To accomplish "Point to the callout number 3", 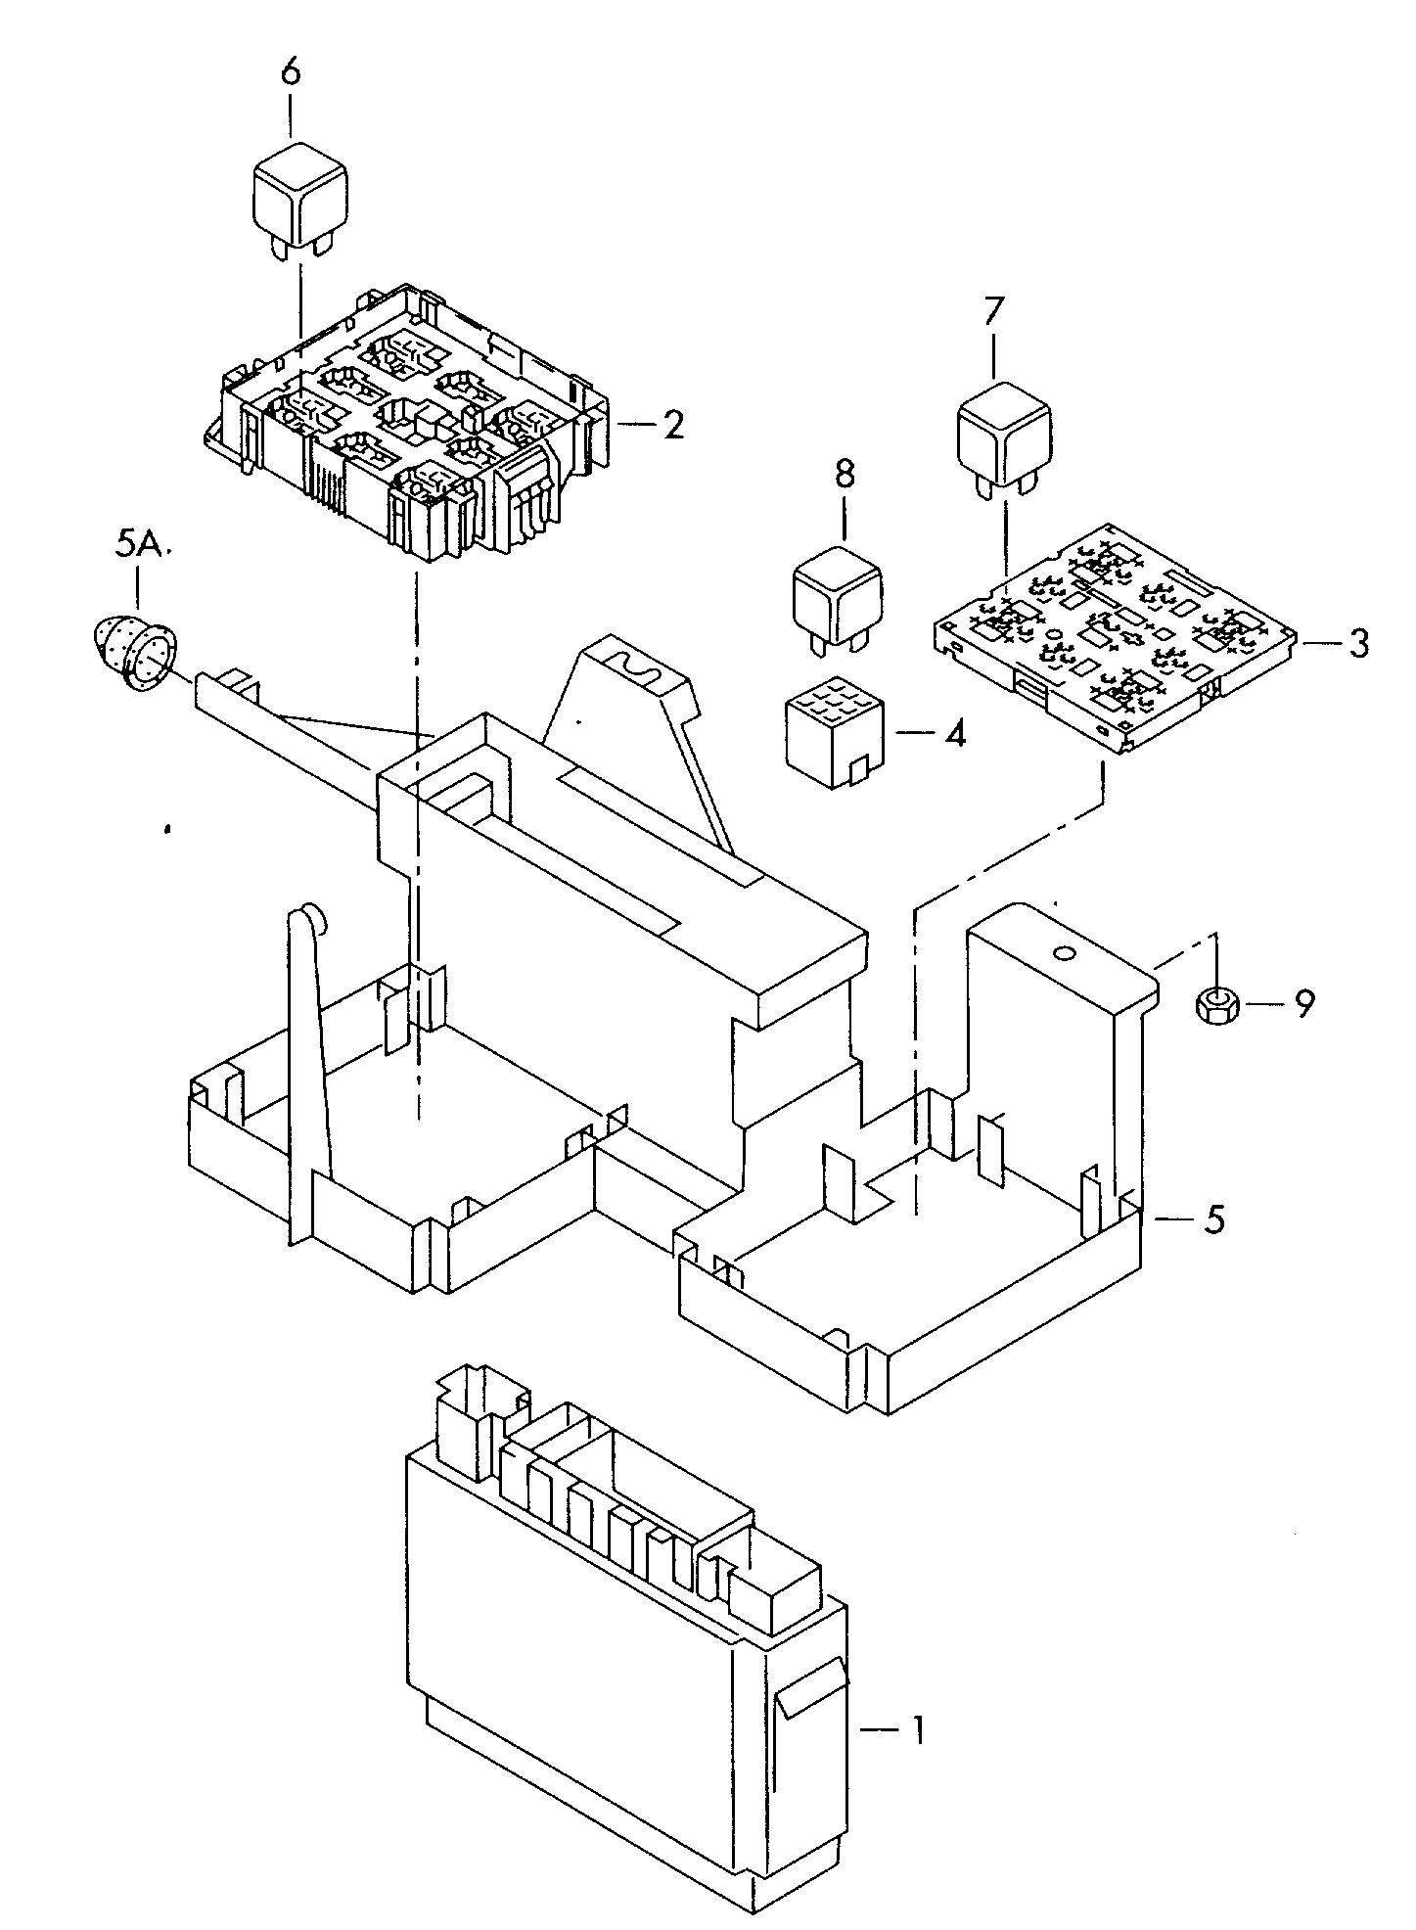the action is click(x=1358, y=644).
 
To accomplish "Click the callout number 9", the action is click(x=1304, y=1003).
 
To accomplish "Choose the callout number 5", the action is click(x=1213, y=1220).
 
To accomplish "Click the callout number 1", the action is click(x=917, y=1729).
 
